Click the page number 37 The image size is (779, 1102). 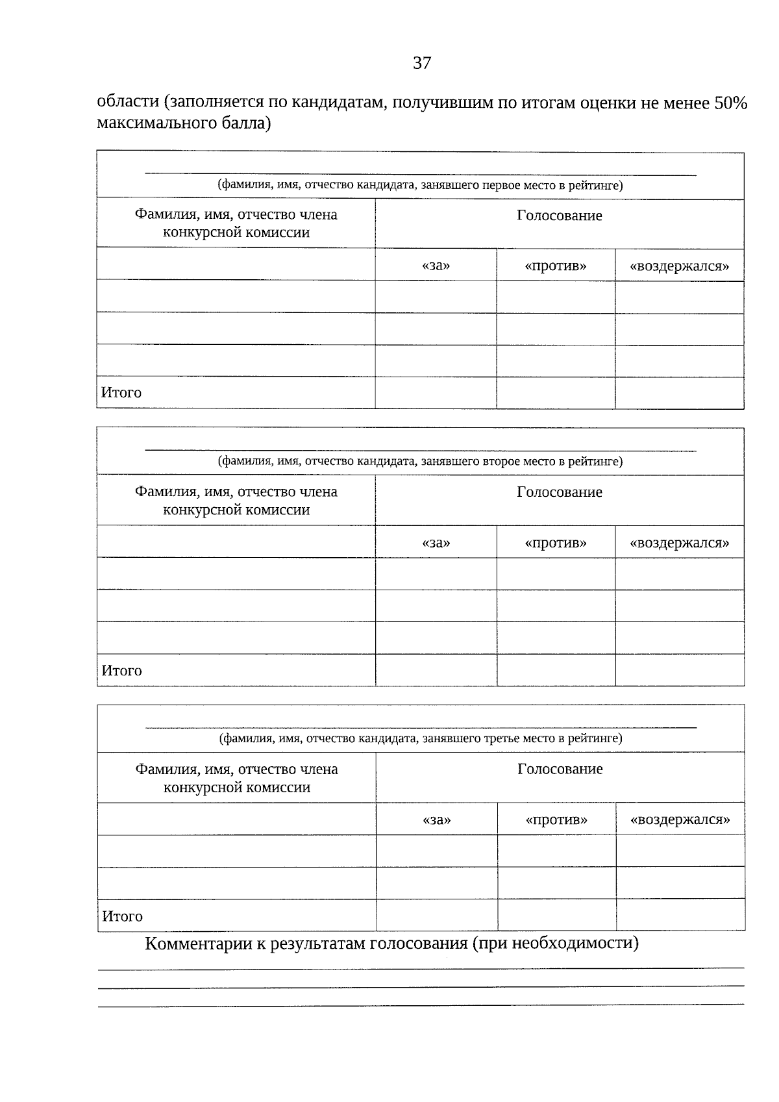(421, 63)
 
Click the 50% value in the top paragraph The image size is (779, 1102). (730, 103)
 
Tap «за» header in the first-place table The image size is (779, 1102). (436, 266)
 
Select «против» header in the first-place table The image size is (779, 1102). (556, 266)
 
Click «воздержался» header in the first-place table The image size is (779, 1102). (679, 266)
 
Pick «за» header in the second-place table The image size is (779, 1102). (436, 543)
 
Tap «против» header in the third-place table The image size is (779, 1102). (556, 820)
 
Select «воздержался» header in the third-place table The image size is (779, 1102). (680, 820)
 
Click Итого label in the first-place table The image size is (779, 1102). (121, 392)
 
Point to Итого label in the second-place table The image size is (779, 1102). (121, 670)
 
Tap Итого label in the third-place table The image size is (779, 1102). (122, 916)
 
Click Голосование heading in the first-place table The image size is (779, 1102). (559, 216)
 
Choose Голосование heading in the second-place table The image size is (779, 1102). (559, 492)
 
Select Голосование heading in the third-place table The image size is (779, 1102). (560, 769)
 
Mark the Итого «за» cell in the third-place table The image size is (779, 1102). (436, 915)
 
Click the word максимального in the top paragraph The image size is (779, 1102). (153, 122)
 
